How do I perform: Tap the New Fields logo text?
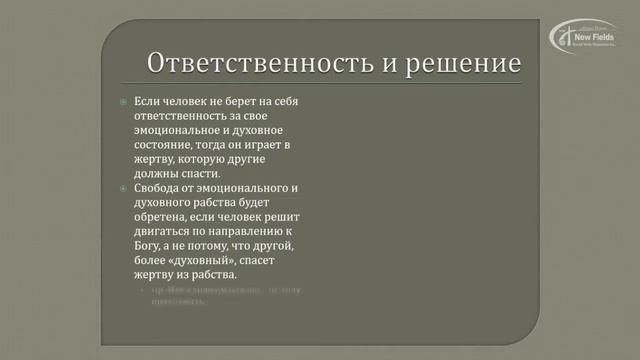pyautogui.click(x=591, y=36)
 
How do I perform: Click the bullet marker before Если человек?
pyautogui.click(x=123, y=103)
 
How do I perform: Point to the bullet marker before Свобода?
pyautogui.click(x=123, y=188)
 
